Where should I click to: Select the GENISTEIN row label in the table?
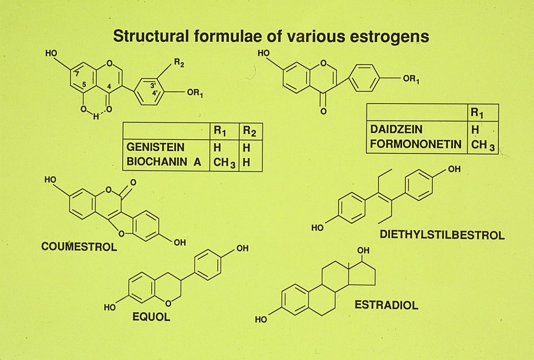click(x=155, y=147)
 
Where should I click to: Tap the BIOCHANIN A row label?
click(x=164, y=162)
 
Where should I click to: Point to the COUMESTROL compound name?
click(x=79, y=246)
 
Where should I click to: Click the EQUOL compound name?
click(x=151, y=317)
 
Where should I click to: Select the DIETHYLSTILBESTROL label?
click(x=442, y=235)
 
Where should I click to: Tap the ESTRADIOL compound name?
click(x=386, y=305)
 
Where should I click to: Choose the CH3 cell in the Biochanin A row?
click(x=224, y=163)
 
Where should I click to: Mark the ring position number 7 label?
click(x=77, y=73)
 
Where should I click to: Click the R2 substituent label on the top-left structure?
click(x=179, y=64)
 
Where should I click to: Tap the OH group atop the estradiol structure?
click(x=363, y=251)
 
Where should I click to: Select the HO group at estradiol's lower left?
click(x=261, y=320)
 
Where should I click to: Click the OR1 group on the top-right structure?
click(x=411, y=79)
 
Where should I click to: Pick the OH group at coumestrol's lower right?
click(x=180, y=243)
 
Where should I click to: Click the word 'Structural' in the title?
click(x=147, y=37)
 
